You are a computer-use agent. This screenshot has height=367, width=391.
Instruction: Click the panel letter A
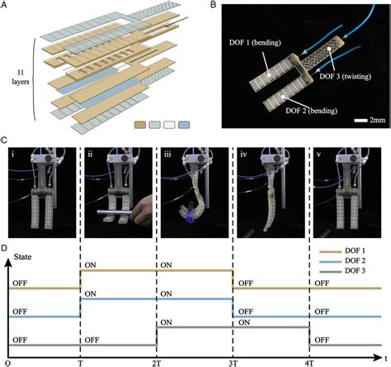(x=7, y=6)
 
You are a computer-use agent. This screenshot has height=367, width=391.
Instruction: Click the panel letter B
(x=205, y=6)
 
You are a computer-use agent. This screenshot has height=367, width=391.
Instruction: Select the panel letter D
(x=7, y=245)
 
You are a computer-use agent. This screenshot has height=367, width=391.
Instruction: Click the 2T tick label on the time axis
(x=157, y=360)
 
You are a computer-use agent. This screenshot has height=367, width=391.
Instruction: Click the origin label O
(x=7, y=360)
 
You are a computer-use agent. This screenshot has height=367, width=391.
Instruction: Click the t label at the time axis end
(x=384, y=360)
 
